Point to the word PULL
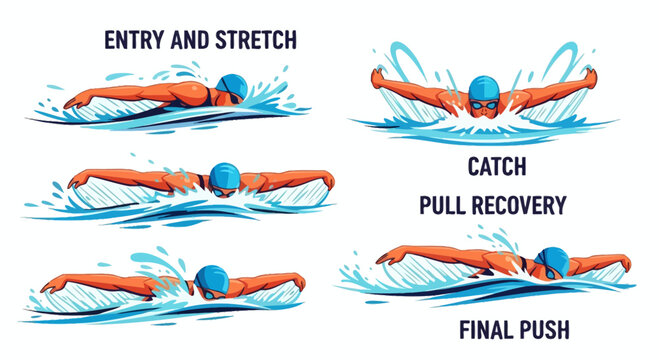click(x=442, y=206)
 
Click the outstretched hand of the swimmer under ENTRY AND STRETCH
click(x=72, y=102)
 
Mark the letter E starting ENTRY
click(x=111, y=41)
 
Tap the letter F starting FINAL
click(x=464, y=329)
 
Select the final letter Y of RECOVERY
click(x=560, y=206)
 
